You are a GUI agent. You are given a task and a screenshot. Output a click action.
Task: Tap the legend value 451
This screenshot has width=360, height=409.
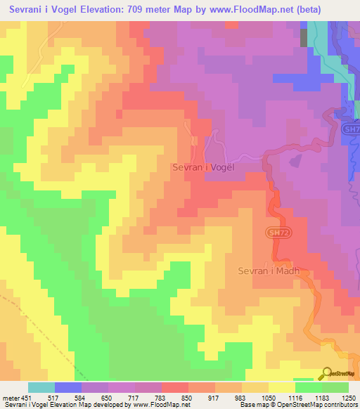(x=27, y=397)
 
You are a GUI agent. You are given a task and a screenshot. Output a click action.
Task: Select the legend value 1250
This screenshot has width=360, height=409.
(x=349, y=397)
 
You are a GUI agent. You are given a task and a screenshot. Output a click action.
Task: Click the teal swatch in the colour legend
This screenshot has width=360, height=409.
(x=41, y=387)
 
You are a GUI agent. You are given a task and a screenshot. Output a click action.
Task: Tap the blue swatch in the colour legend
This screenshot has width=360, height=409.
(x=68, y=387)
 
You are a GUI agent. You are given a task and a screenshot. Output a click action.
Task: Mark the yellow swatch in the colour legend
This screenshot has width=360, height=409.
(x=282, y=387)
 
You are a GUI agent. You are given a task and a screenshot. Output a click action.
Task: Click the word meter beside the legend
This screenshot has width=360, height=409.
(x=10, y=397)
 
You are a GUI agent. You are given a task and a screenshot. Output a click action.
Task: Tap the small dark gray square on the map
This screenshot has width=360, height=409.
(x=304, y=38)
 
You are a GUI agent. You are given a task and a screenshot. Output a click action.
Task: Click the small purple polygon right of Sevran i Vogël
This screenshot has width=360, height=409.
(x=295, y=160)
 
